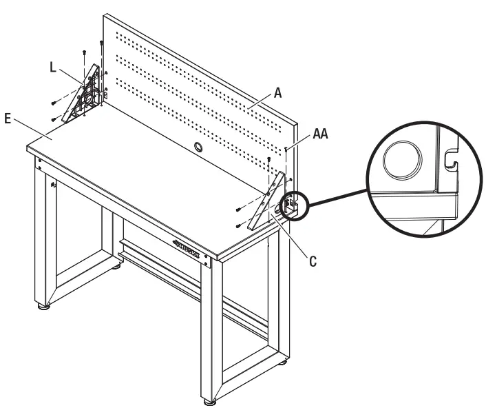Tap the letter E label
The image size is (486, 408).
click(8, 119)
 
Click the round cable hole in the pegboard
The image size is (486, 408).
click(198, 147)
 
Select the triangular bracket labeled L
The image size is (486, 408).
click(81, 96)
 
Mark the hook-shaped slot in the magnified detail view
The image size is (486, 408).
click(450, 161)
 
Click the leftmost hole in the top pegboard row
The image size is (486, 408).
click(117, 33)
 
